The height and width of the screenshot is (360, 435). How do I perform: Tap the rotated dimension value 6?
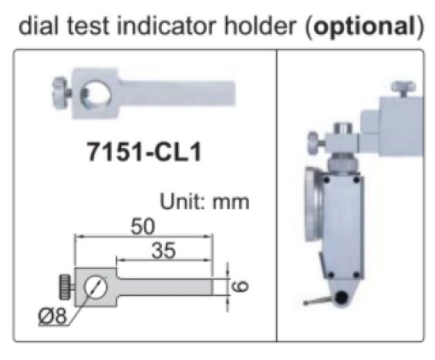tap(240, 286)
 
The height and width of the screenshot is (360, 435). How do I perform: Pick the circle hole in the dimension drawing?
tap(96, 286)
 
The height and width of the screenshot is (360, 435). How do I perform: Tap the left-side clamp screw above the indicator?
tap(312, 143)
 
